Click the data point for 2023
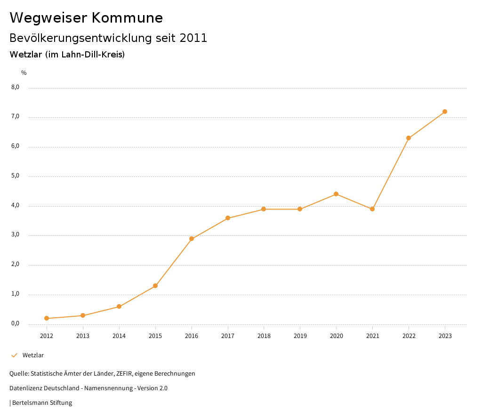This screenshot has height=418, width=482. click(x=445, y=112)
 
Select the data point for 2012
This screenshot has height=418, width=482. click(x=47, y=318)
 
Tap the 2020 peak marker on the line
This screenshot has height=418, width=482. click(x=336, y=194)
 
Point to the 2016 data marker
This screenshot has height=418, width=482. click(x=192, y=239)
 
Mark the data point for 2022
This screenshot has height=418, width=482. click(x=409, y=138)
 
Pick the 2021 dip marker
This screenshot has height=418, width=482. click(x=372, y=209)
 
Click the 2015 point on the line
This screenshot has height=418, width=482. click(x=155, y=286)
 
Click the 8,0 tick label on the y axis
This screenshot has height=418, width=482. click(x=16, y=87)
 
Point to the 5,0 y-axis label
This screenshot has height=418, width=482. click(x=16, y=176)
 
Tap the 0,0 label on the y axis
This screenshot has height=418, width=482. click(x=16, y=323)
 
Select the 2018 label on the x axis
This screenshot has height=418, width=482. click(x=264, y=336)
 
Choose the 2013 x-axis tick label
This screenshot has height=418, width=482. click(x=83, y=336)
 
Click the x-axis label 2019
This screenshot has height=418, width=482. click(x=300, y=336)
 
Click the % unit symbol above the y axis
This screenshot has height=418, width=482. click(x=24, y=73)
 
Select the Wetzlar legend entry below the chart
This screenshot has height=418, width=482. click(x=33, y=355)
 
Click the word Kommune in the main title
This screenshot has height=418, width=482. click(x=127, y=18)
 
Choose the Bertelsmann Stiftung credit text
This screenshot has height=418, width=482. click(x=42, y=403)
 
